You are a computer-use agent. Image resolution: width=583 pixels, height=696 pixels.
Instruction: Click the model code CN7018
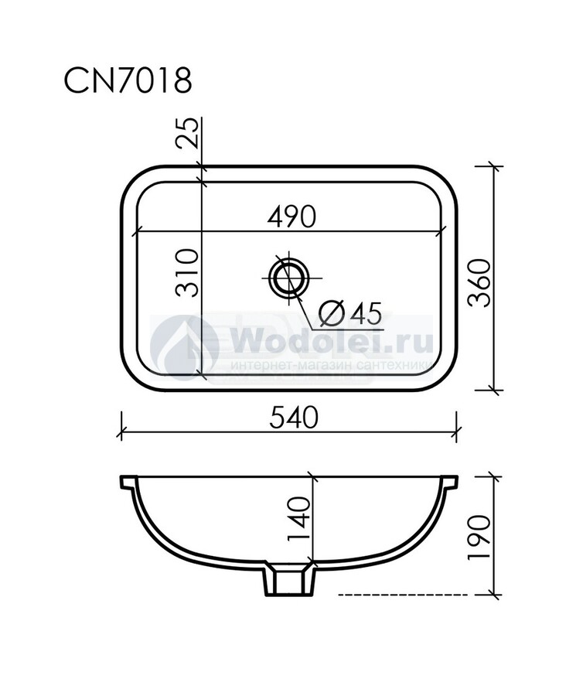click(128, 80)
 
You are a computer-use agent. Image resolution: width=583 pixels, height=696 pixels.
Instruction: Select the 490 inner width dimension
click(292, 217)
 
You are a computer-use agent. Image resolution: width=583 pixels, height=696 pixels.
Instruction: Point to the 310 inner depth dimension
click(186, 273)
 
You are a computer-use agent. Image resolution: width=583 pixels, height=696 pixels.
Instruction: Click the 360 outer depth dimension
click(480, 283)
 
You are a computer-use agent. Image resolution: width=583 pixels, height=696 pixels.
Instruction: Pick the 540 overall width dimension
click(294, 418)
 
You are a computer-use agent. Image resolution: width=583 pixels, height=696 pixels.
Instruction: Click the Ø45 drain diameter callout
click(350, 313)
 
